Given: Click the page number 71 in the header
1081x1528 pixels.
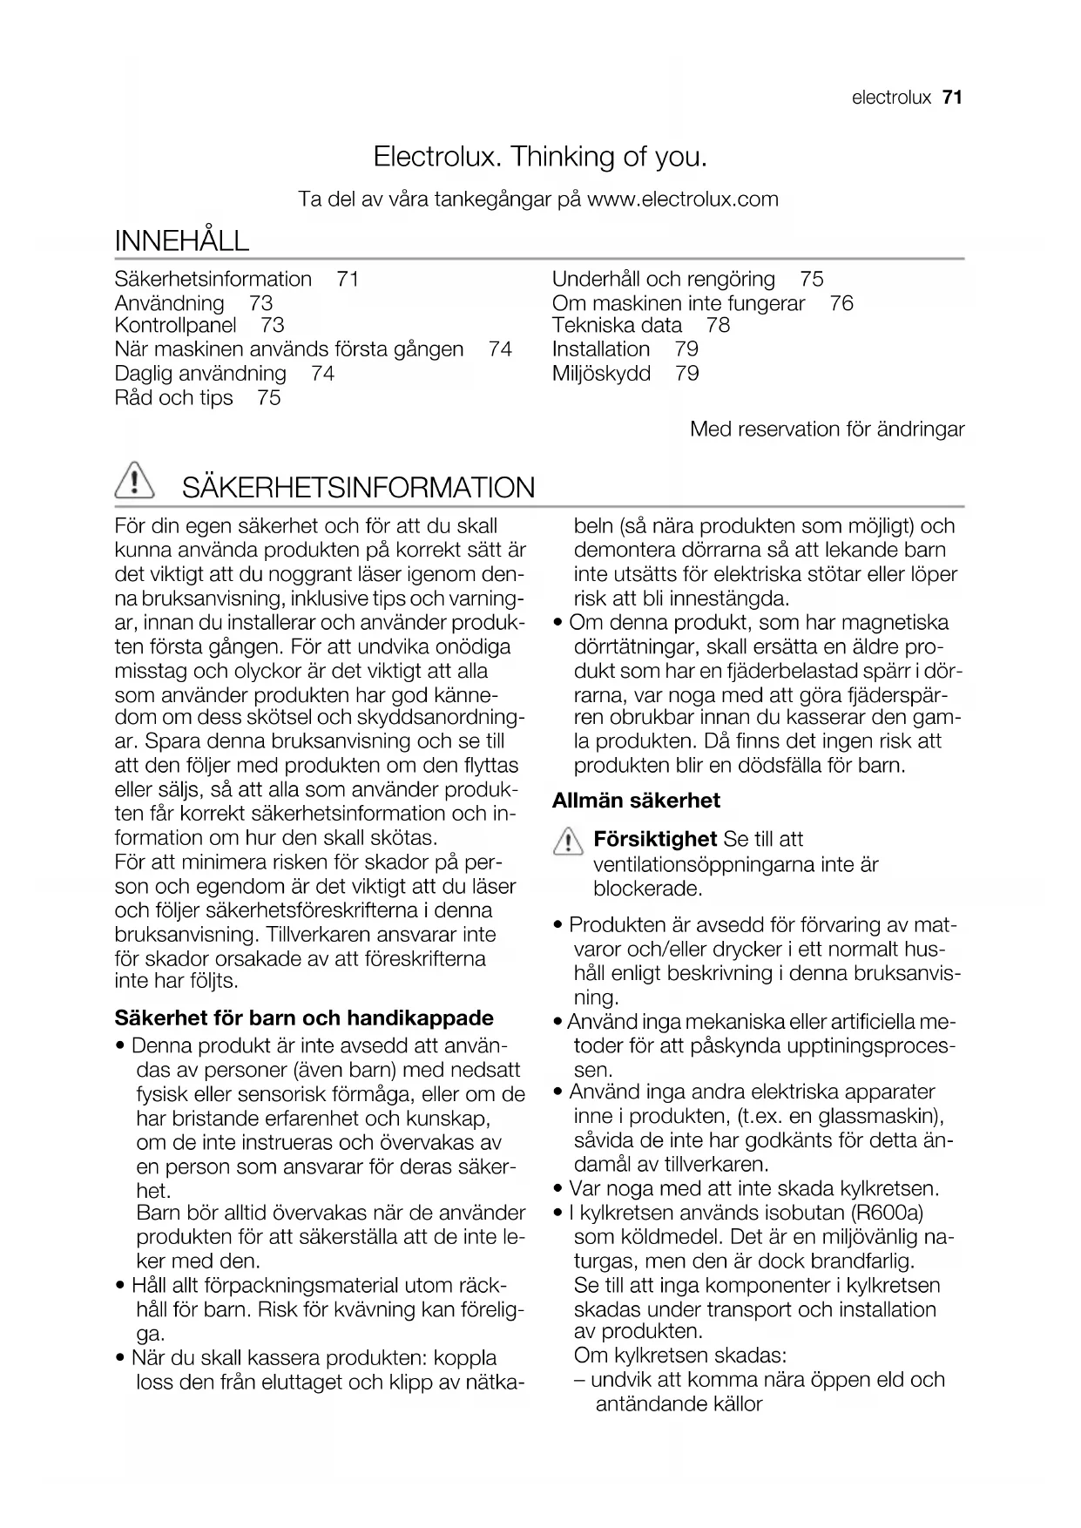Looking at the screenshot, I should coord(952,98).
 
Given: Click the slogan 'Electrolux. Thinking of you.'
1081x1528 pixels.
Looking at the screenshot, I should coord(540,157).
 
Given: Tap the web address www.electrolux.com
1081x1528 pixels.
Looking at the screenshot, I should coord(683,199).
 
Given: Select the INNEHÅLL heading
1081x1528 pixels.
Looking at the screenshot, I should coord(182,240).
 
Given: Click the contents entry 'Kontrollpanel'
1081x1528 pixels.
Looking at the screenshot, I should coord(175,326).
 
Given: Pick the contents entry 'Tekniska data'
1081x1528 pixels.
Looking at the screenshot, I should coord(617,326).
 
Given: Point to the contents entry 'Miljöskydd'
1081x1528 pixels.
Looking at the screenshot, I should coord(601,374).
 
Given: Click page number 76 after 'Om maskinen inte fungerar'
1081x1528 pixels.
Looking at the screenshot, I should coord(841,303).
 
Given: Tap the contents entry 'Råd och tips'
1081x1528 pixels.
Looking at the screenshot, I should coord(174,398).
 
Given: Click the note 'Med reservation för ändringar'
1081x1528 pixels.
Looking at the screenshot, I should coord(827,429).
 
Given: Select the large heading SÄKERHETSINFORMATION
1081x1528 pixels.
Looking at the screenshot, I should coord(358,488).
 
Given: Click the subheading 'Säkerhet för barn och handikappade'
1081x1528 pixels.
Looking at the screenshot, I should coord(304,1018).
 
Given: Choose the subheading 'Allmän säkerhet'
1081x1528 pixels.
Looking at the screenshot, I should coord(636,801).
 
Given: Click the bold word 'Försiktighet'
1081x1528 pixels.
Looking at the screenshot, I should coord(655,840).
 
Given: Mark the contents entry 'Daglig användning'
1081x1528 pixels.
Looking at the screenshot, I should coord(200,374).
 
